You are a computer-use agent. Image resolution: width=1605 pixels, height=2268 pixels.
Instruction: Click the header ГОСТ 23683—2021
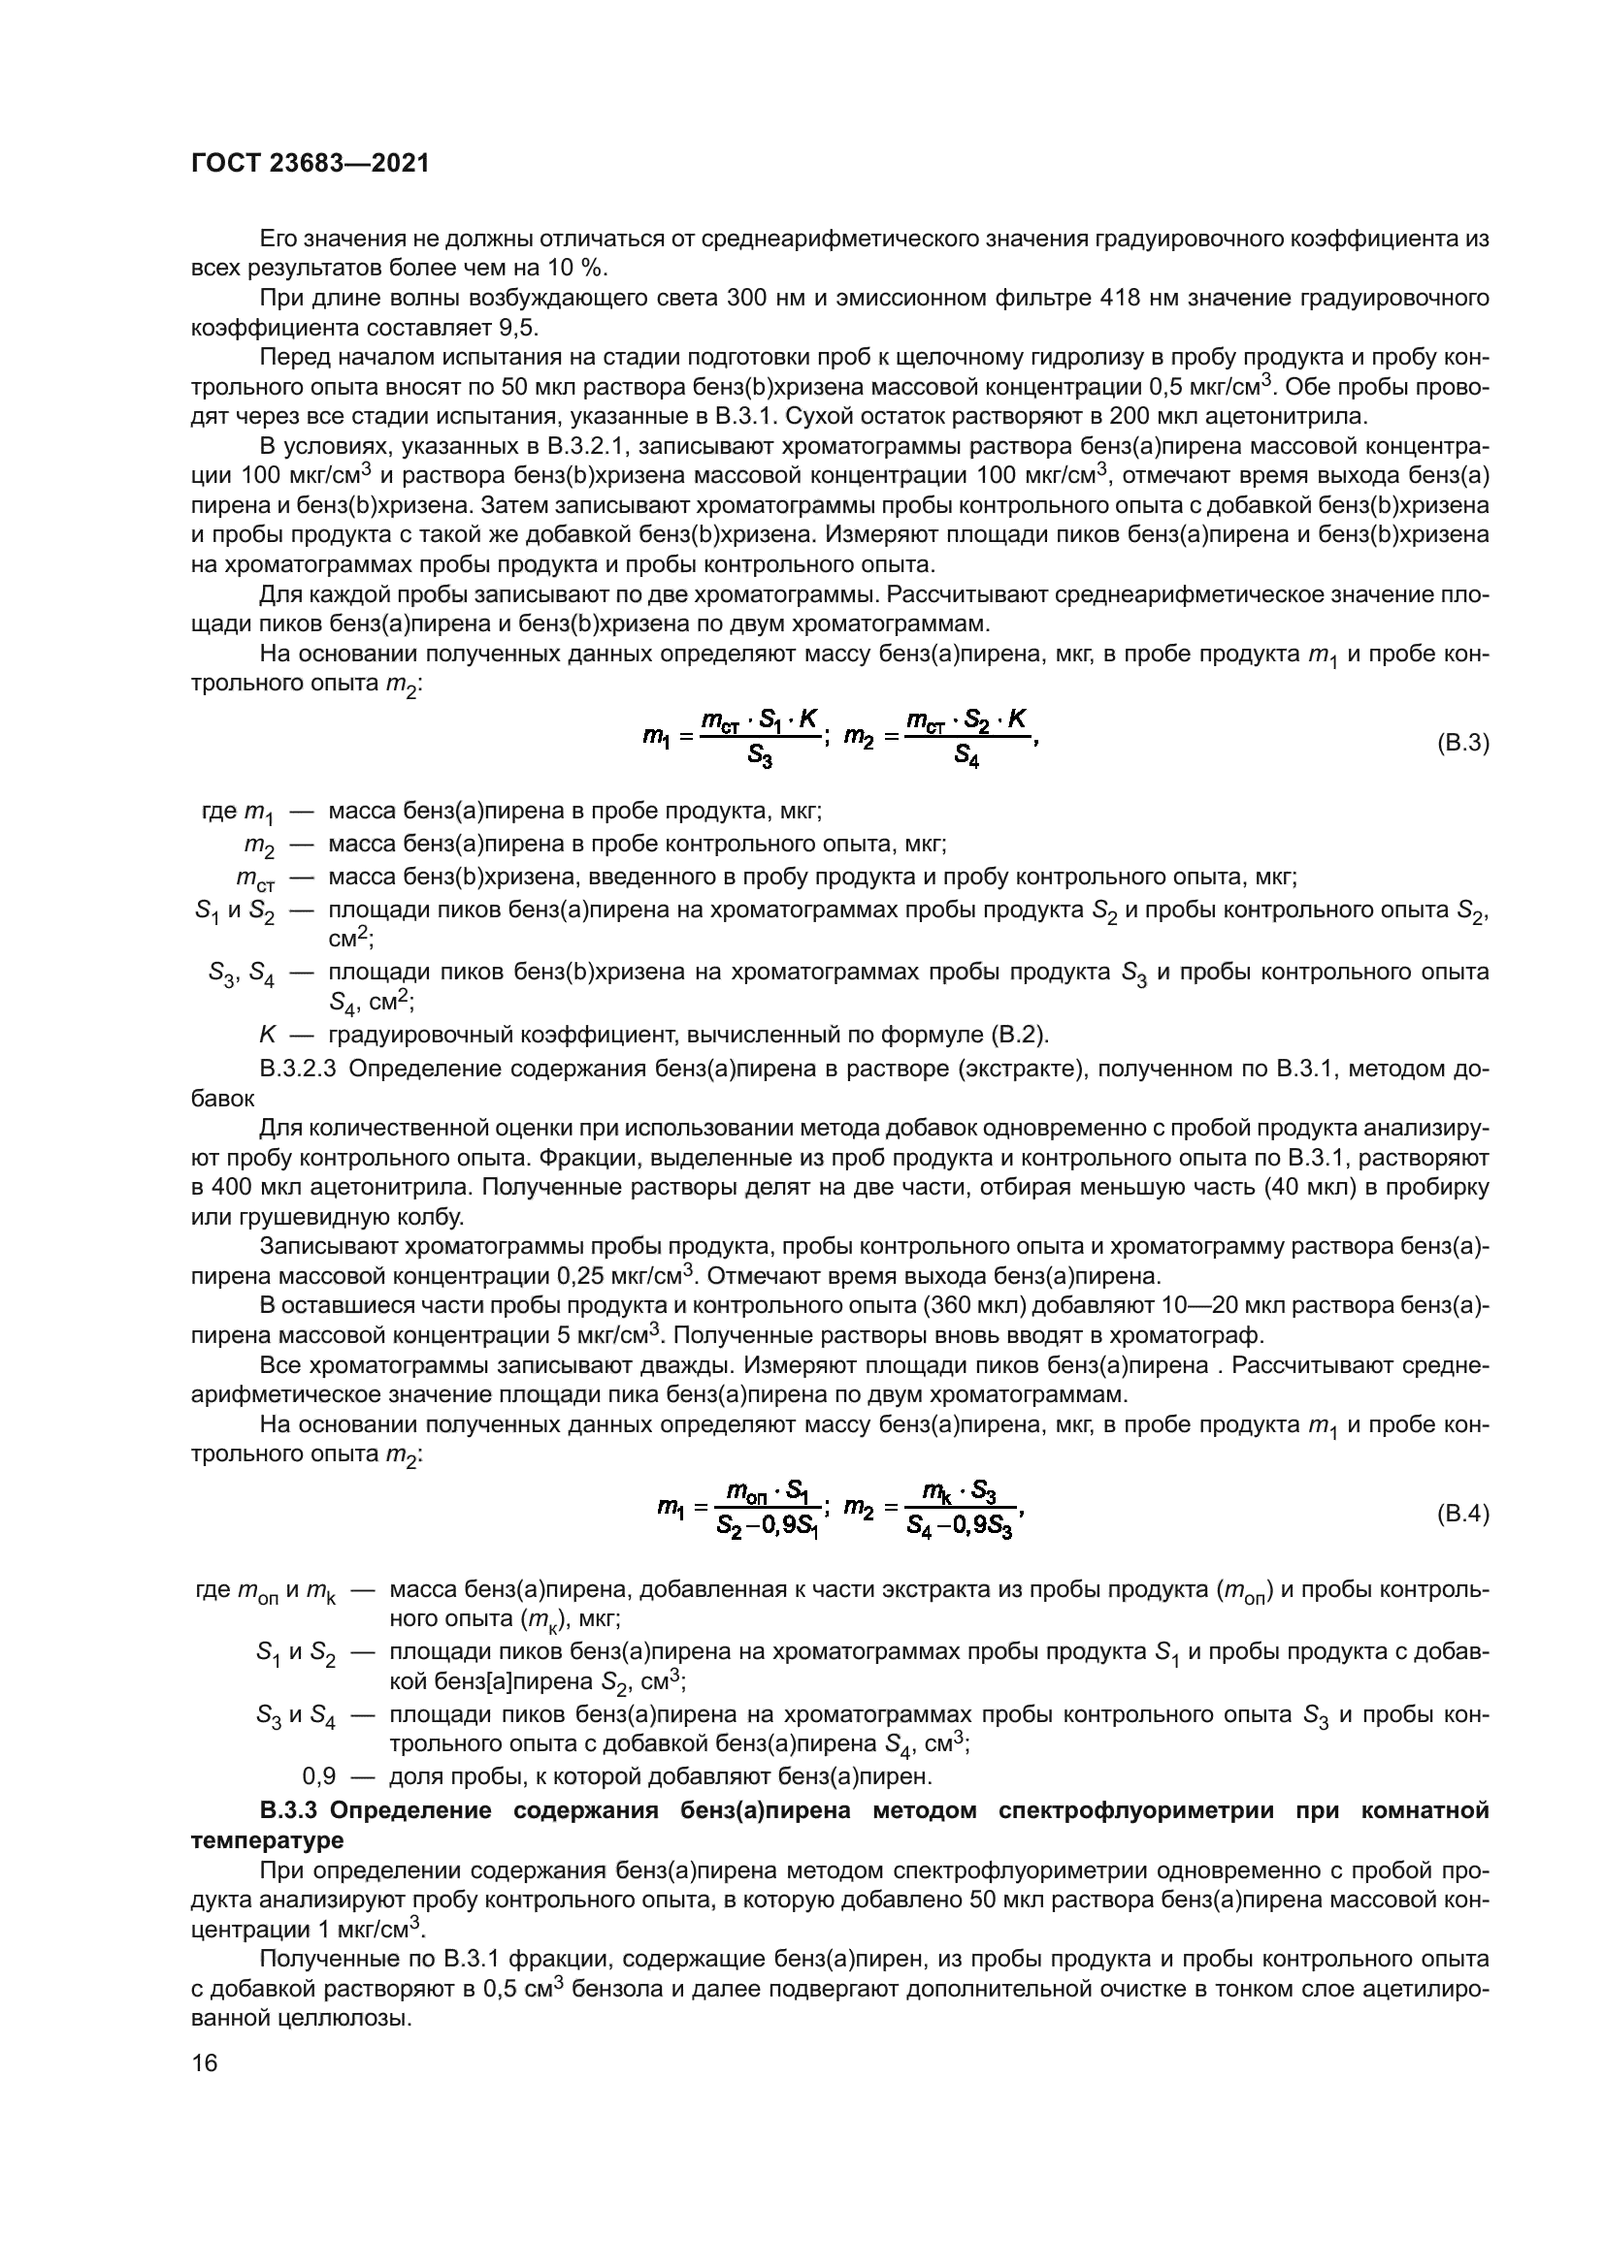pos(311,164)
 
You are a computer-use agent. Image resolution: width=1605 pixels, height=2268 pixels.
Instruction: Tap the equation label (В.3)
pos(1461,742)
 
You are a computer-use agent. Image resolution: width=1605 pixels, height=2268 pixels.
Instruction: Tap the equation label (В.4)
pos(1461,1514)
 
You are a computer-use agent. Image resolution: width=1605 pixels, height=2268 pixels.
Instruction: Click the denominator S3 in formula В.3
pos(760,757)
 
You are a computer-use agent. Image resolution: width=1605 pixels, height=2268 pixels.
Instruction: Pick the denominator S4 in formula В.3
pos(966,757)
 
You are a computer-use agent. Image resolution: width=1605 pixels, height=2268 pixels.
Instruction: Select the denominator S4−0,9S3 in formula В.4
pos(961,1529)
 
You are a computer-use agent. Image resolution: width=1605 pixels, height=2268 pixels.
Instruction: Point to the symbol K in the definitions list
pos(267,1035)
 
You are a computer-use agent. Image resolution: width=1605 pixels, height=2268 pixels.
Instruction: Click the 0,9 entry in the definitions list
pos(319,1776)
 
